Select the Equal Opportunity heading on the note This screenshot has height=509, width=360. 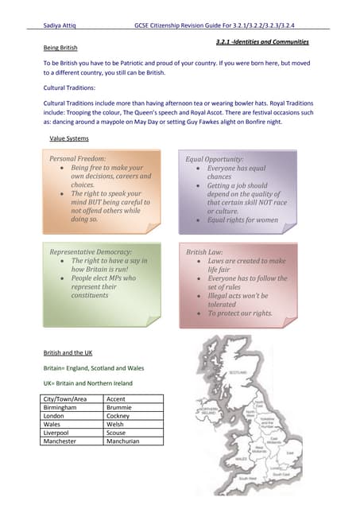click(215, 159)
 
